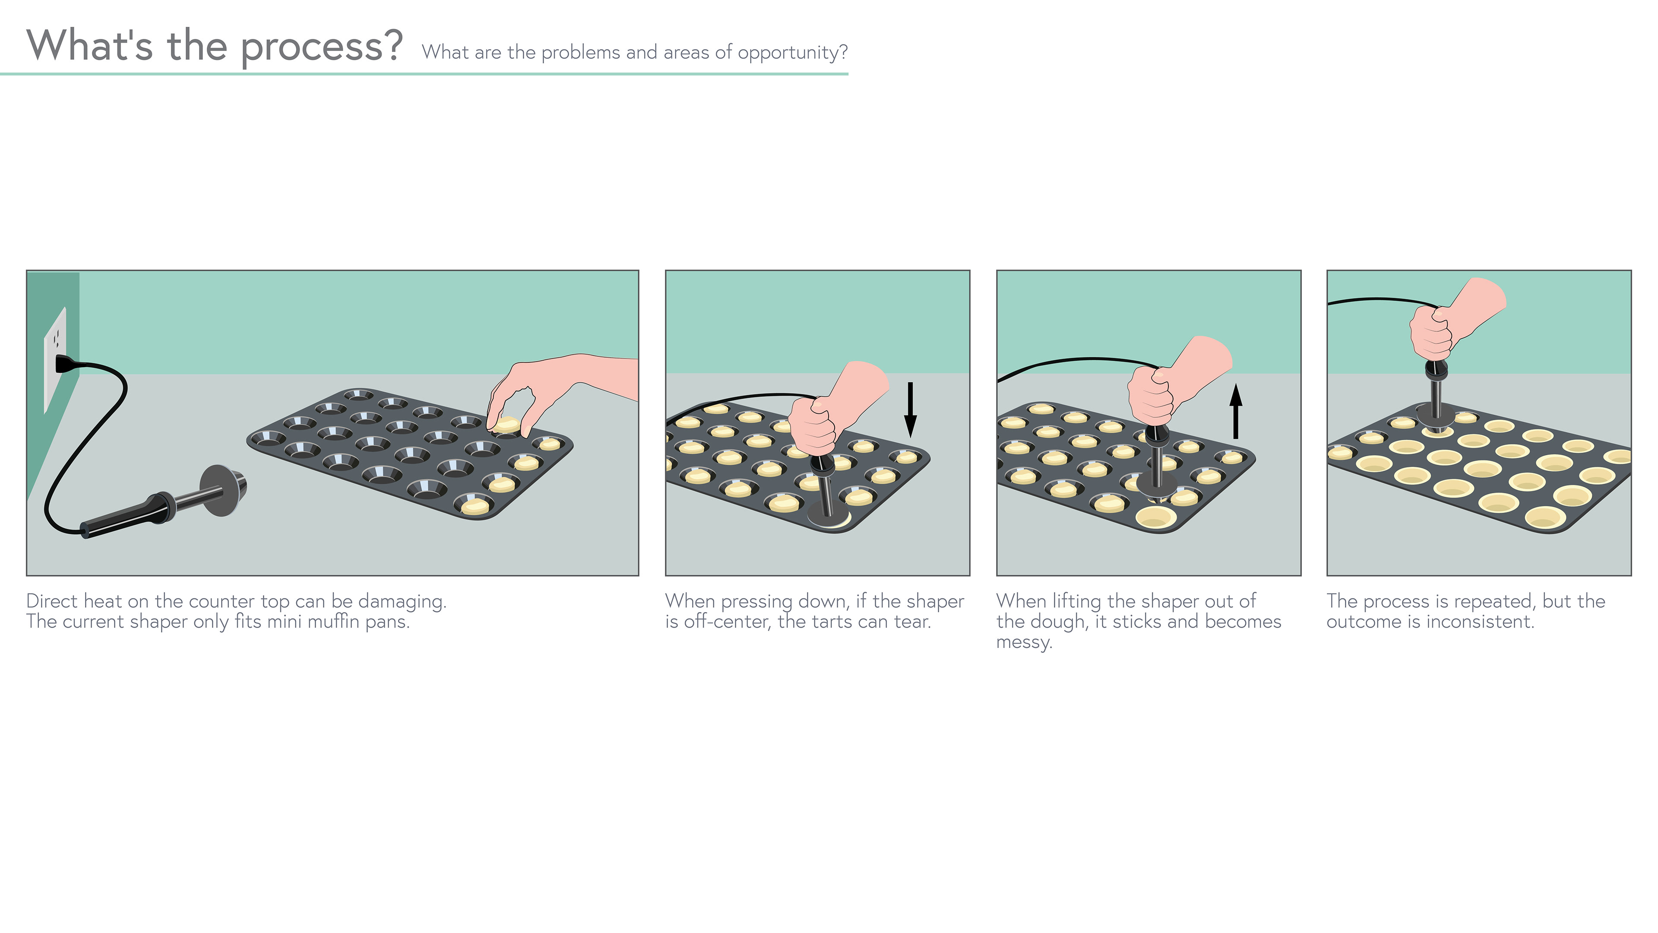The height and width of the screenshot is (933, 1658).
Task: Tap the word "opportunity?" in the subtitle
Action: pos(793,53)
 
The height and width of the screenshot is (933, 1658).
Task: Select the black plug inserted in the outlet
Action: pos(68,365)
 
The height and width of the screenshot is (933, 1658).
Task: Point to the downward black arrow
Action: pos(910,409)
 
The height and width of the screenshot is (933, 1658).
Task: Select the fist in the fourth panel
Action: pos(1431,332)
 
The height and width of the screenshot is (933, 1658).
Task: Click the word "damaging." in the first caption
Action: pos(402,601)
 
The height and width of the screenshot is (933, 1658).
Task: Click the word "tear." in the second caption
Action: pos(913,622)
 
